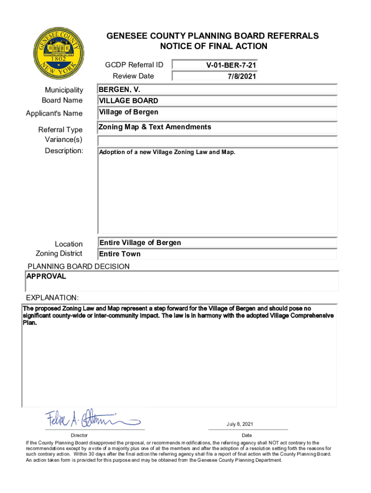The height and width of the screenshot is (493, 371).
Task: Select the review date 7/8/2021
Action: (x=241, y=76)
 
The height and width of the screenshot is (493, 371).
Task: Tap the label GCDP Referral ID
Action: (x=134, y=65)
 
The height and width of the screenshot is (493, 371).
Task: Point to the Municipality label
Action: (x=64, y=90)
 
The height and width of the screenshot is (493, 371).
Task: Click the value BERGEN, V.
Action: (x=119, y=90)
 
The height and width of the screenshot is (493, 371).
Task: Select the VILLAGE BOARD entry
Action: (x=129, y=101)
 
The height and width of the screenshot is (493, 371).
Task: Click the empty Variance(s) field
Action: (x=217, y=141)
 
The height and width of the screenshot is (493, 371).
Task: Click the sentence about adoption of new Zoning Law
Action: (x=167, y=153)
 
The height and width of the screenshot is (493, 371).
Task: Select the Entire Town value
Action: (x=120, y=254)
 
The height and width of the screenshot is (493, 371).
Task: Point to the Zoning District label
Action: (x=59, y=254)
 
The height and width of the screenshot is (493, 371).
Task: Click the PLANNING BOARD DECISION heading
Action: (x=79, y=266)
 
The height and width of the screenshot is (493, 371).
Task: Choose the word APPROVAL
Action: (x=46, y=277)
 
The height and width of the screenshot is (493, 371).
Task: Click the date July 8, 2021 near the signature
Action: (x=239, y=424)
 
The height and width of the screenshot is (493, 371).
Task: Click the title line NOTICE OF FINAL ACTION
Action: (x=213, y=46)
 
